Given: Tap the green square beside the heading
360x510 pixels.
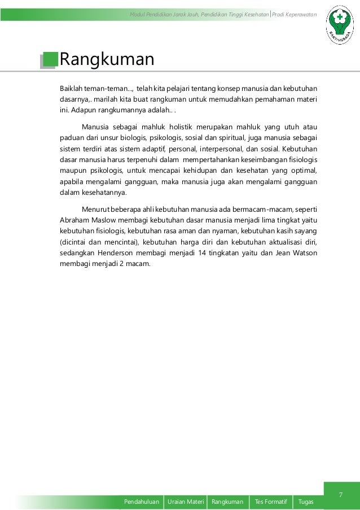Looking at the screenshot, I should [50, 59].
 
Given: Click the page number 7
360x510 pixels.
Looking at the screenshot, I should [341, 480].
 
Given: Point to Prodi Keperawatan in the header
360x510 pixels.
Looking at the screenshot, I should [295, 14].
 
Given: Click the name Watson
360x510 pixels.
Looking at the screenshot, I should [305, 252].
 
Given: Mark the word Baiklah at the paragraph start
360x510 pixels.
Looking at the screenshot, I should [71, 89].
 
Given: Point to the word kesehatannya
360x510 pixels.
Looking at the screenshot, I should [107, 191].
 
